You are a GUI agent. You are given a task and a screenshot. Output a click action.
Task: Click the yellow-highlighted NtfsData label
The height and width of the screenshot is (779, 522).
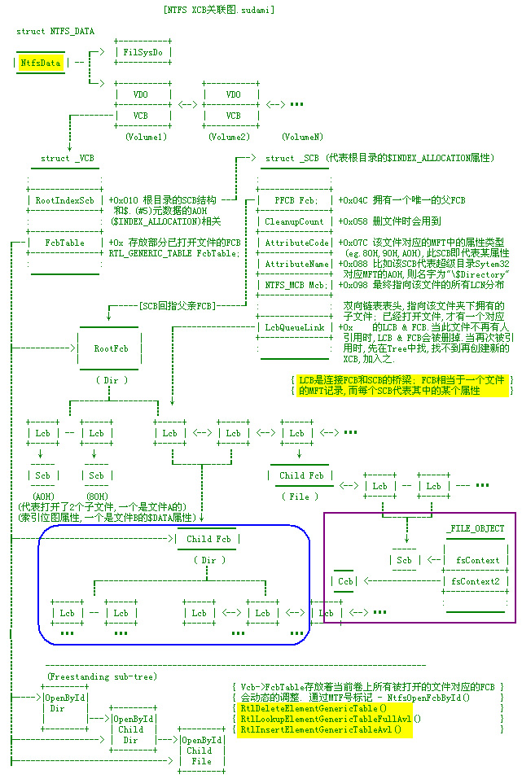(x=41, y=61)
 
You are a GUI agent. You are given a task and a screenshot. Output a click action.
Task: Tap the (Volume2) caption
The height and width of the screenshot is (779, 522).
(x=229, y=137)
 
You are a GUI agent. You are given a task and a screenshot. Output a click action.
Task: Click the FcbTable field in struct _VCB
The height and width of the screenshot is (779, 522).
(x=65, y=243)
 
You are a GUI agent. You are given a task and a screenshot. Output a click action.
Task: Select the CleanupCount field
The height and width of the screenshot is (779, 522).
(x=295, y=221)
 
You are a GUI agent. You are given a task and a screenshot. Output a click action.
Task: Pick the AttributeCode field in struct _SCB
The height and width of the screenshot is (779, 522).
(x=296, y=243)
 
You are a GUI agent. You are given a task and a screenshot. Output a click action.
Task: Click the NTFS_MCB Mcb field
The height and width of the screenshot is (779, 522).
(x=295, y=285)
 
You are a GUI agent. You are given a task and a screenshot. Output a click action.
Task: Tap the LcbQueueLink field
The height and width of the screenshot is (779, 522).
(x=295, y=327)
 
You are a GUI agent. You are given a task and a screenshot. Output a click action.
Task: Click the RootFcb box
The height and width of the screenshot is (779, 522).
(x=111, y=348)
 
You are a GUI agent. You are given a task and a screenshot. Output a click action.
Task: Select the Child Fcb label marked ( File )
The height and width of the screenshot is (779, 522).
(x=301, y=475)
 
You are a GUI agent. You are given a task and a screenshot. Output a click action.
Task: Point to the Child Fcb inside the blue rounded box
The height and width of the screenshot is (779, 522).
(x=210, y=539)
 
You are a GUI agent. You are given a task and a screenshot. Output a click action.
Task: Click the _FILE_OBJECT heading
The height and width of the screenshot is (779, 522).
(x=475, y=528)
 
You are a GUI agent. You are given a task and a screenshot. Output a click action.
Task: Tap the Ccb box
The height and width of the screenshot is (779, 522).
(x=346, y=581)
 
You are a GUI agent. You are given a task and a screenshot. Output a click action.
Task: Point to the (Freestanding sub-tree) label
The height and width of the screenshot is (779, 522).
(x=102, y=676)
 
